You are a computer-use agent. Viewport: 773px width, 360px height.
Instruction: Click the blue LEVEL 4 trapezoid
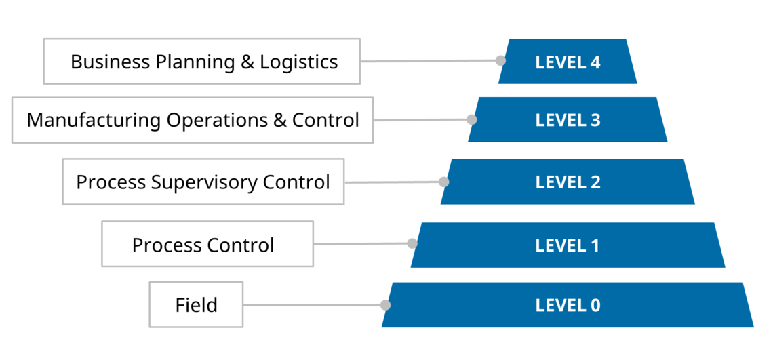(x=568, y=62)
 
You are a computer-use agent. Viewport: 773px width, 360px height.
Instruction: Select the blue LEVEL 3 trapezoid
(x=568, y=120)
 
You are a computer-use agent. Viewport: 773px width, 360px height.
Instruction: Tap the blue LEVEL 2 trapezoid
(x=568, y=182)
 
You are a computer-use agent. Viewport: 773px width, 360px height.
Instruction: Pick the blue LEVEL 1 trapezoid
(x=568, y=245)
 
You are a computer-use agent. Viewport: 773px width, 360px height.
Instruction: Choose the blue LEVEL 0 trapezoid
(x=568, y=305)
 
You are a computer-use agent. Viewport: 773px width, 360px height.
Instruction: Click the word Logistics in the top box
(x=299, y=62)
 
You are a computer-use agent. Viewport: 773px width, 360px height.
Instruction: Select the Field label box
(x=196, y=304)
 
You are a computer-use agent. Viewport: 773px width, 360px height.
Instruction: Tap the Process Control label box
(x=207, y=244)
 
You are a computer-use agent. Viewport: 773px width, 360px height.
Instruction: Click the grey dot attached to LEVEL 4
(x=500, y=60)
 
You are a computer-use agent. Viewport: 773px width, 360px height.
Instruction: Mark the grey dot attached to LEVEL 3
(x=472, y=119)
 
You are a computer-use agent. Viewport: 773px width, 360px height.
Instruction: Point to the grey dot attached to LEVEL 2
(x=443, y=182)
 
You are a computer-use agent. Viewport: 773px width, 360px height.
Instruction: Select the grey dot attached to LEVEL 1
(x=412, y=243)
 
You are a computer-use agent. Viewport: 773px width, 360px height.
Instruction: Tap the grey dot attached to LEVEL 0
(x=385, y=305)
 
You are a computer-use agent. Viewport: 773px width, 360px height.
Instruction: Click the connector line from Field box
(x=312, y=305)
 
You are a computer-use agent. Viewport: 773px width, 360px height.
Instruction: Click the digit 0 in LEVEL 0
(x=595, y=305)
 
